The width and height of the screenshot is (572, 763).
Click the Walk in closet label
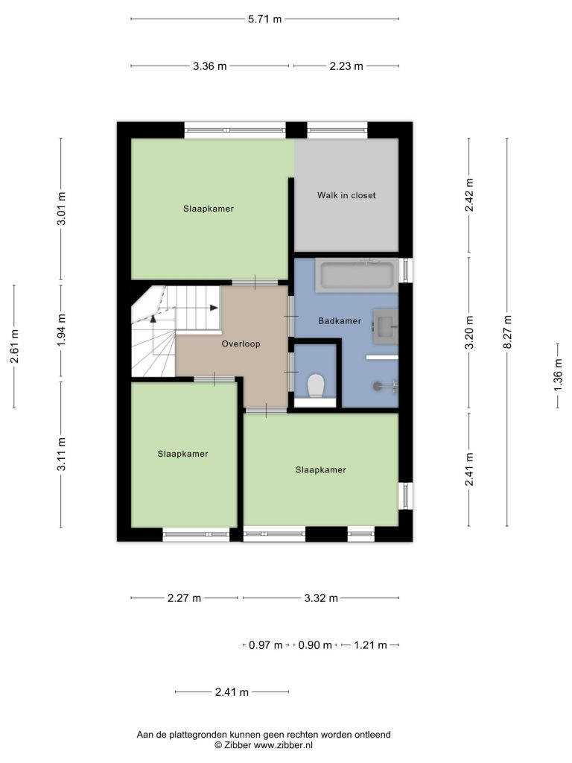[x=346, y=195]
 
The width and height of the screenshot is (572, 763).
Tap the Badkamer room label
[x=340, y=320]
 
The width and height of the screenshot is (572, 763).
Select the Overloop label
[x=241, y=343]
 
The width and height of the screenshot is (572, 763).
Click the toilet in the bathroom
[x=316, y=385]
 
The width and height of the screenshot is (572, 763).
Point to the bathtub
[x=357, y=275]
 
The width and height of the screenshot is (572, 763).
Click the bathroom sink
[x=386, y=326]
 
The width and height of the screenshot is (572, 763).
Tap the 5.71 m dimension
[x=264, y=19]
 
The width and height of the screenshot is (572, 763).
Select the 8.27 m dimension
[x=507, y=332]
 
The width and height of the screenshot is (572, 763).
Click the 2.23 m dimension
[x=346, y=66]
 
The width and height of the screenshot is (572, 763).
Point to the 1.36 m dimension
[x=558, y=375]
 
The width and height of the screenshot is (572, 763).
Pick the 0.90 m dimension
[x=315, y=645]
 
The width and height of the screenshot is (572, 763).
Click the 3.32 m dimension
[x=321, y=598]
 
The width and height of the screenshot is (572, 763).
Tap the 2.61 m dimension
[x=14, y=346]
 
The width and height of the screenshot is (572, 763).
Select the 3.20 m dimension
[x=469, y=332]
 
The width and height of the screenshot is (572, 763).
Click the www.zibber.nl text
[x=283, y=745]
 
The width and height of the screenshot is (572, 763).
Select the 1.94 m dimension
[x=61, y=330]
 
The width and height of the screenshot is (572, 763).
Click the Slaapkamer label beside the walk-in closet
[x=209, y=209]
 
